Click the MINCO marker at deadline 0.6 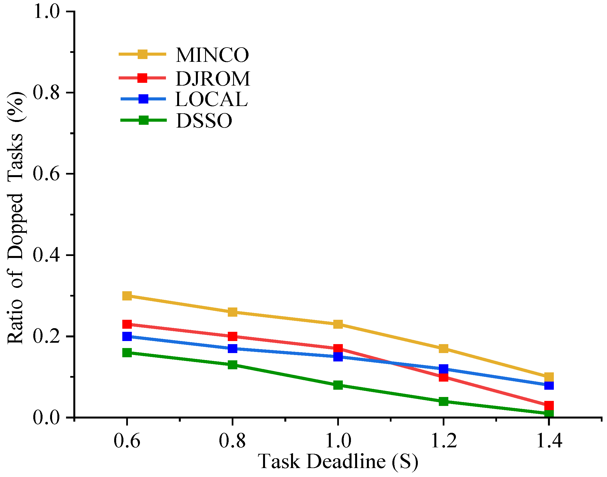click(x=127, y=296)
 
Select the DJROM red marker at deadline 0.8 click(x=233, y=336)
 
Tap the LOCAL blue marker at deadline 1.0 click(x=338, y=357)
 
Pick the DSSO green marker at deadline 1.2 click(x=444, y=401)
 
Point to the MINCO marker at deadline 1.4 click(x=549, y=377)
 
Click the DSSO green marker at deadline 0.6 click(x=127, y=353)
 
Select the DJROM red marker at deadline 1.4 click(x=549, y=405)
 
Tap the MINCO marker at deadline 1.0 click(x=338, y=324)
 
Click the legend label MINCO click(x=212, y=55)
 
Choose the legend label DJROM click(x=213, y=79)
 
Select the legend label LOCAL click(x=211, y=99)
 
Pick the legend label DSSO click(x=204, y=121)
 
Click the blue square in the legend click(x=143, y=99)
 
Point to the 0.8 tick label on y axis click(x=46, y=93)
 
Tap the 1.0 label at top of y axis click(x=46, y=12)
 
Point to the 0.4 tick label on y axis click(x=46, y=255)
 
